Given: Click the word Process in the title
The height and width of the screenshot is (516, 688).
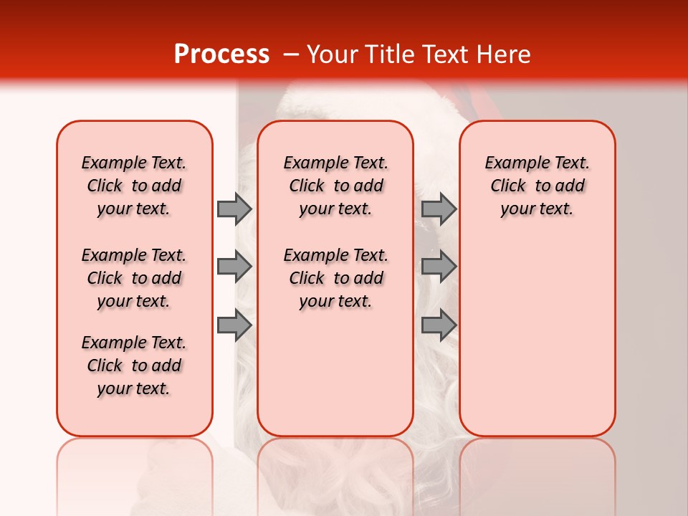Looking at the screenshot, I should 221,54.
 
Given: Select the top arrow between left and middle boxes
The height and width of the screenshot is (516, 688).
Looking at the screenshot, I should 234,209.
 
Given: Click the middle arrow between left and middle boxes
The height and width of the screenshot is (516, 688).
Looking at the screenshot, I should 234,267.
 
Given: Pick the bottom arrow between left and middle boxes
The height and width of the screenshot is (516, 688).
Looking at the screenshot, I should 234,325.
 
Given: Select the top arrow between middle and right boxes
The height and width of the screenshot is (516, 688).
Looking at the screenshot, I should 438,209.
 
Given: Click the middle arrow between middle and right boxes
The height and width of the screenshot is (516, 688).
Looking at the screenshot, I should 438,267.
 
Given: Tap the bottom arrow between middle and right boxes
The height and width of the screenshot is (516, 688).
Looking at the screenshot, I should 438,325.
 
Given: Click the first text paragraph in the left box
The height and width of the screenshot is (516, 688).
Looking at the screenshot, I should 134,186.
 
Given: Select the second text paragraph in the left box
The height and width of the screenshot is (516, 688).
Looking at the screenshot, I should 134,278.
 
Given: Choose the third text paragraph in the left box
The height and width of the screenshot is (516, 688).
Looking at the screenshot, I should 134,365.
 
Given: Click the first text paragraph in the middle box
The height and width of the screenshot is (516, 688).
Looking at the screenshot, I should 335,186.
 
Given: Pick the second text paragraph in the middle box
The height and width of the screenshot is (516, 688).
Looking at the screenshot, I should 335,278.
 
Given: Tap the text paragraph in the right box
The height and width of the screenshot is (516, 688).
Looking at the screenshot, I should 537,186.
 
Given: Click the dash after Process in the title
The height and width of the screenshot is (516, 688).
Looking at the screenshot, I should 290,54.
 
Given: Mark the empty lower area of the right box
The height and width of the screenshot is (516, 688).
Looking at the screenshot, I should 537,337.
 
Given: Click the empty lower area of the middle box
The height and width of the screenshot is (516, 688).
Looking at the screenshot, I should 335,373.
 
